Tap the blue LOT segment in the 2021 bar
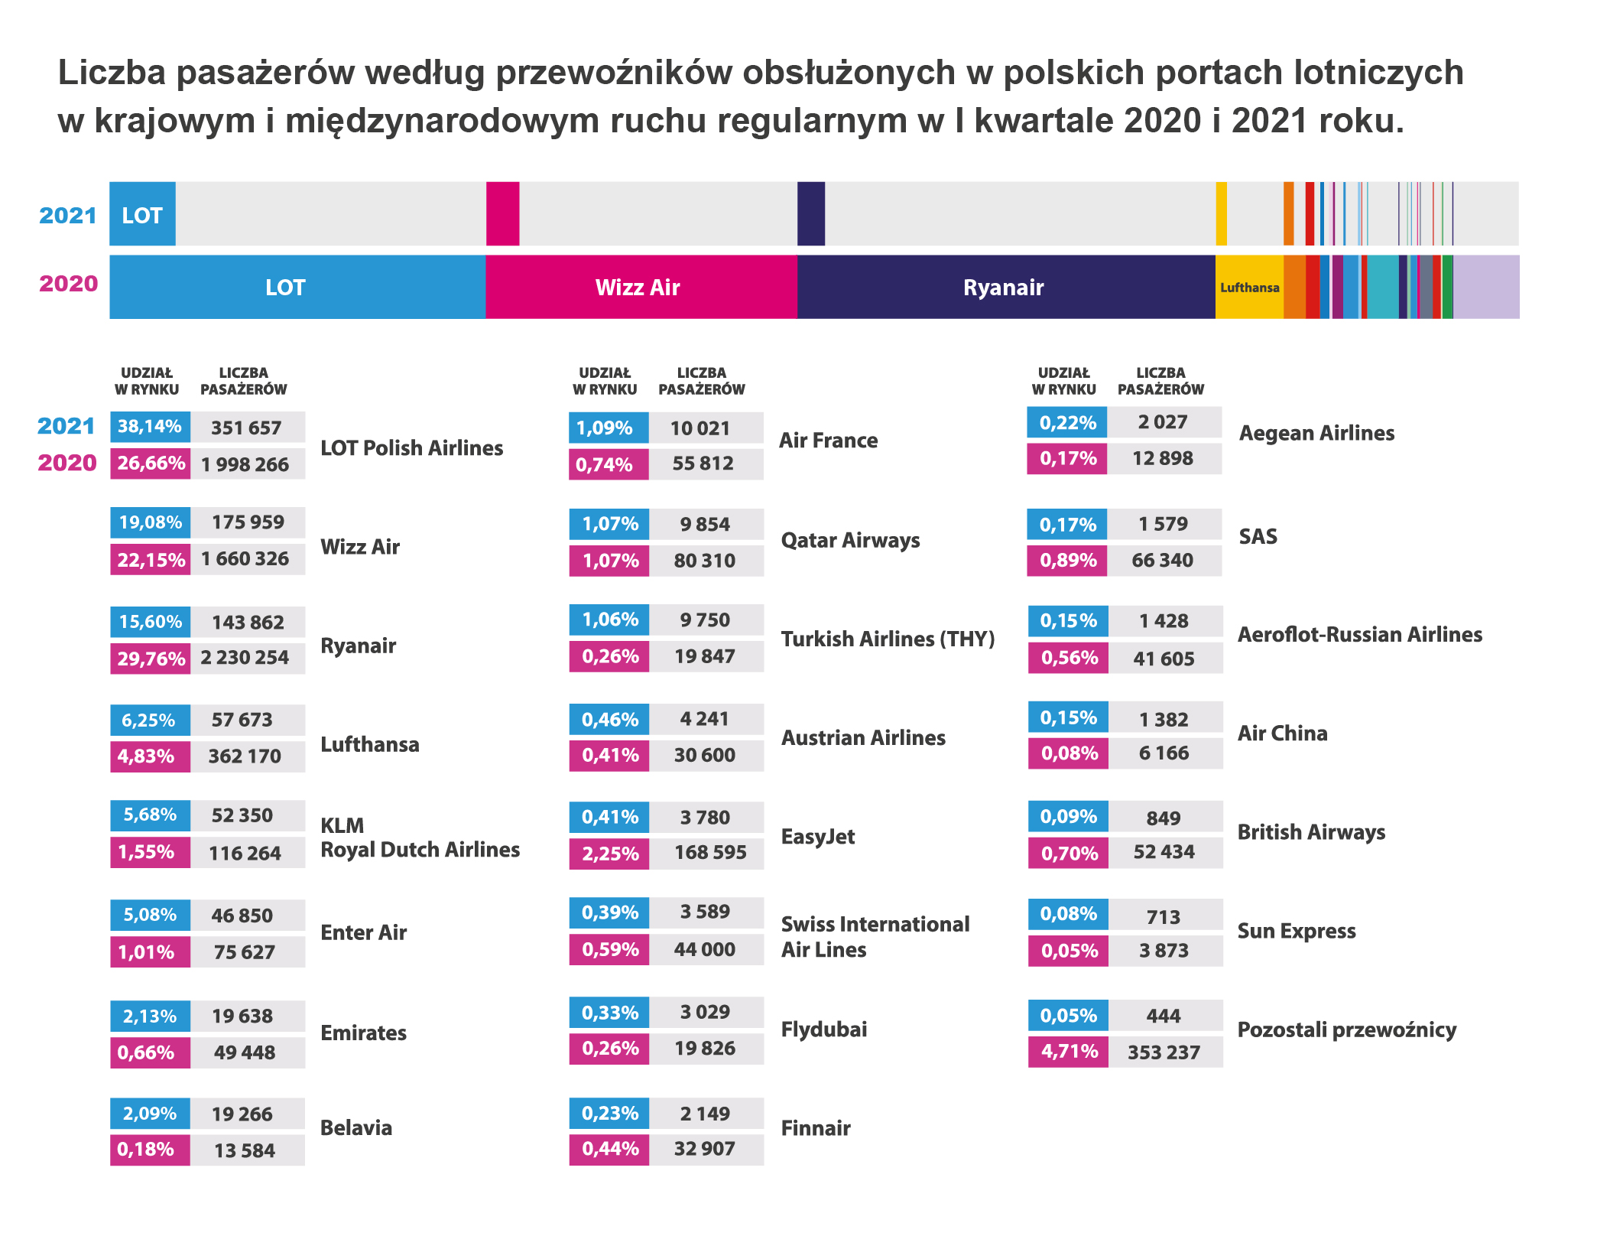(x=142, y=214)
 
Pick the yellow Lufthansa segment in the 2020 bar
(x=1248, y=287)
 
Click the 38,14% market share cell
(x=150, y=427)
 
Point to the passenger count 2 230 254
(x=245, y=658)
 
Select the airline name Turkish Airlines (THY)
(x=888, y=639)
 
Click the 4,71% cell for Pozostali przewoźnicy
(x=1068, y=1052)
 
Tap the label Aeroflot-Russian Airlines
(x=1359, y=635)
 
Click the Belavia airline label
(x=356, y=1127)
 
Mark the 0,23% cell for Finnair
(x=609, y=1114)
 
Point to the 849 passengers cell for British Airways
(x=1163, y=818)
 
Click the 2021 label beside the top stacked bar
(x=67, y=216)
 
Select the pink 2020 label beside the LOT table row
(x=67, y=463)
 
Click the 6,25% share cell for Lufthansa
(x=149, y=720)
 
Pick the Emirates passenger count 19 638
(x=242, y=1016)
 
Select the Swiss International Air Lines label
(x=875, y=937)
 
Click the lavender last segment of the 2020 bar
(x=1485, y=287)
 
